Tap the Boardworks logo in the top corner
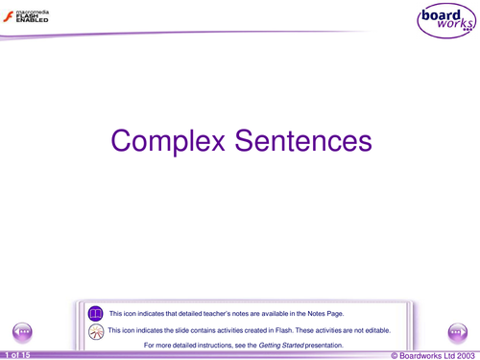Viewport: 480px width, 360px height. tap(444, 21)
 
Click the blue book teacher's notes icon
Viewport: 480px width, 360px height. tap(95, 314)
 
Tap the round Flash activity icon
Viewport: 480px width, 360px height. tap(95, 330)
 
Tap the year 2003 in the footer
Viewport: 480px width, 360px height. tap(464, 355)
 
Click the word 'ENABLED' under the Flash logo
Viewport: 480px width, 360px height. tap(32, 22)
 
